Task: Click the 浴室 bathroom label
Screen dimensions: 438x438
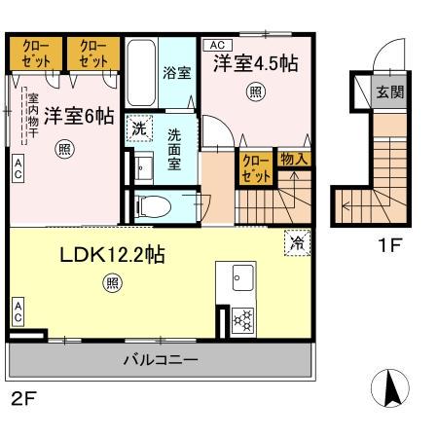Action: point(177,73)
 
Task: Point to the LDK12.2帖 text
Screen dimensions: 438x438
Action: point(113,255)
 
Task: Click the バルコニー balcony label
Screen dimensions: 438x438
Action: point(161,360)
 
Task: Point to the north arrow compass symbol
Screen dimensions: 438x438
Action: point(392,390)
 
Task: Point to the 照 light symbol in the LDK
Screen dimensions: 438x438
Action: point(112,283)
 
